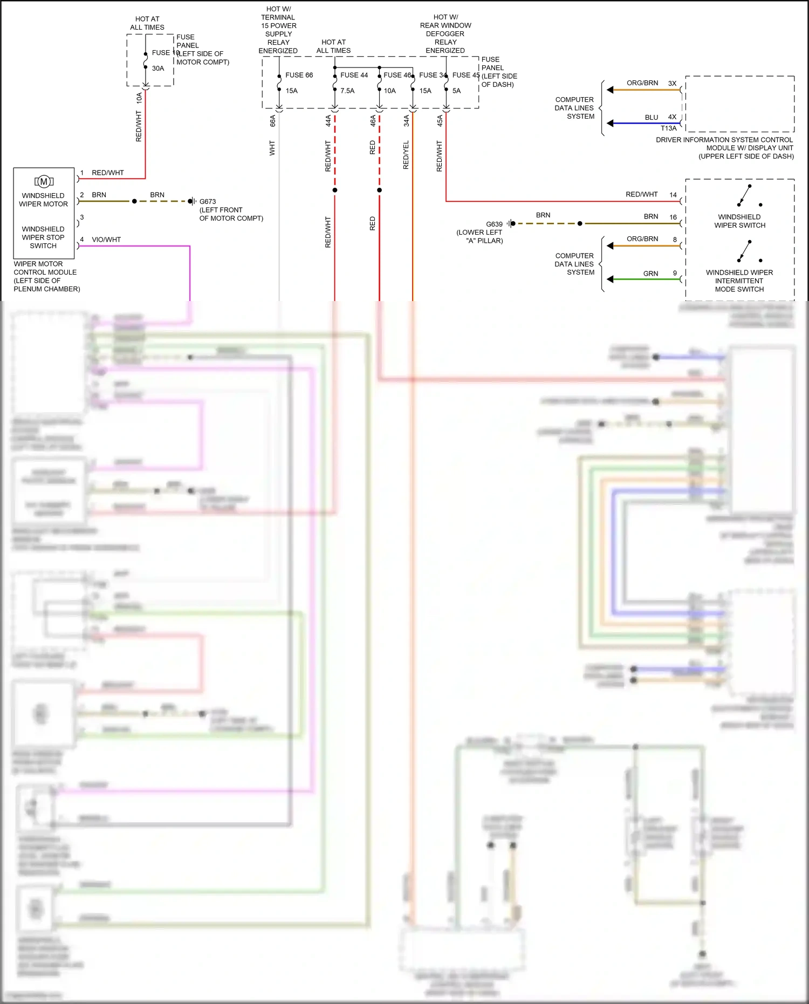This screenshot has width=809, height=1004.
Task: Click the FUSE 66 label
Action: click(x=299, y=75)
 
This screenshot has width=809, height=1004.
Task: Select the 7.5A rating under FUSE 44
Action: click(x=347, y=91)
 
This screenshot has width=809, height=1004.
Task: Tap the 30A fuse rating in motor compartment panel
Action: click(x=157, y=69)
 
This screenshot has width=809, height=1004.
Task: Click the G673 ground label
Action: click(x=208, y=201)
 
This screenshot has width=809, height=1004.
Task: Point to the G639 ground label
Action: click(x=494, y=224)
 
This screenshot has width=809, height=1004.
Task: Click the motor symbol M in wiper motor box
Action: click(x=44, y=181)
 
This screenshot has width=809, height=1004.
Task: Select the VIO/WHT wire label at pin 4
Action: click(x=106, y=240)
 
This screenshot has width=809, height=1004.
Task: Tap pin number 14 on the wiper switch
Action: click(x=673, y=195)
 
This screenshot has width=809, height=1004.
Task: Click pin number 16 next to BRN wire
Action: click(x=673, y=217)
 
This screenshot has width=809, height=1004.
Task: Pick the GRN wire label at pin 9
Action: click(x=650, y=274)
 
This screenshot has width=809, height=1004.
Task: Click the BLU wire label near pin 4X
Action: click(x=651, y=117)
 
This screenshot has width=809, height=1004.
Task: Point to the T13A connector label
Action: click(x=668, y=128)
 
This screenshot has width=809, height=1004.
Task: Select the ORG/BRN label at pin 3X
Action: click(x=642, y=83)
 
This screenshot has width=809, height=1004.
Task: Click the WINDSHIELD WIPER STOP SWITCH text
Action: click(x=43, y=237)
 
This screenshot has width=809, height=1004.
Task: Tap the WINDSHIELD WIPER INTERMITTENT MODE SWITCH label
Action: click(x=739, y=281)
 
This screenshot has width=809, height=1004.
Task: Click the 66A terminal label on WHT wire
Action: click(x=273, y=120)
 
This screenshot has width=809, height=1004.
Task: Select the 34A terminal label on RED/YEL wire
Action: click(x=407, y=120)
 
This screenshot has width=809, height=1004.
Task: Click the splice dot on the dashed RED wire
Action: click(x=379, y=190)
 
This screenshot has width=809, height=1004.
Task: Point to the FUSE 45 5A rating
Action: click(x=456, y=91)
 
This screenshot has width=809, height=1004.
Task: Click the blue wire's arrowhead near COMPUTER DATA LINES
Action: click(x=610, y=123)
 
